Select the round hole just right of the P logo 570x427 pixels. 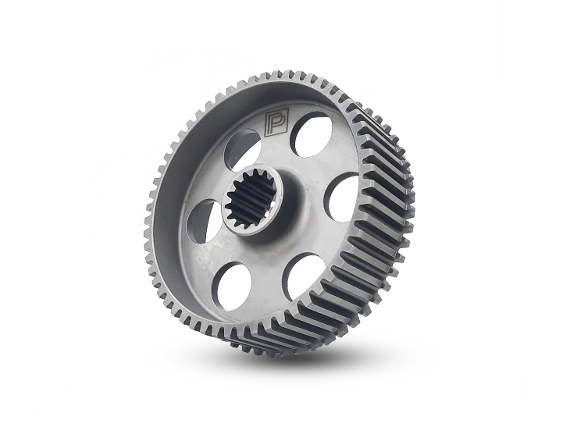pos(311,133)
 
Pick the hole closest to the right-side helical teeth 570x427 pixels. pos(342,197)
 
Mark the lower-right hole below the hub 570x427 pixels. pos(303,275)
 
